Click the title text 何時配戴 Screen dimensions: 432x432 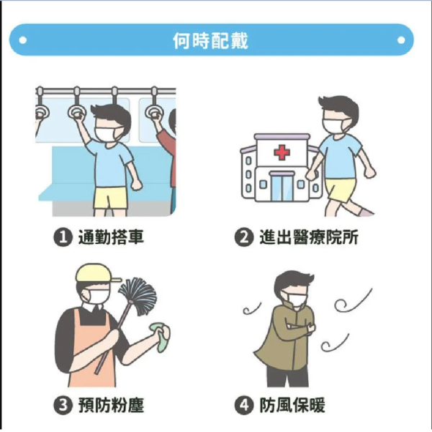point(211,40)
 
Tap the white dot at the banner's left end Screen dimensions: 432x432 point(22,40)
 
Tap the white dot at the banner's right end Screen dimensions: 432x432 point(400,40)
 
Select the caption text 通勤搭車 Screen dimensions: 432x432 point(110,237)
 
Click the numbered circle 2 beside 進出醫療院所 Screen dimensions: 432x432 point(245,237)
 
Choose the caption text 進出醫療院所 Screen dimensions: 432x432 point(308,237)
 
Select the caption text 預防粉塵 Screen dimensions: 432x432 point(110,405)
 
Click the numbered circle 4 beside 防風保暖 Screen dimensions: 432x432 point(245,405)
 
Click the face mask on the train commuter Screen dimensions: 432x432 point(106,132)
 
